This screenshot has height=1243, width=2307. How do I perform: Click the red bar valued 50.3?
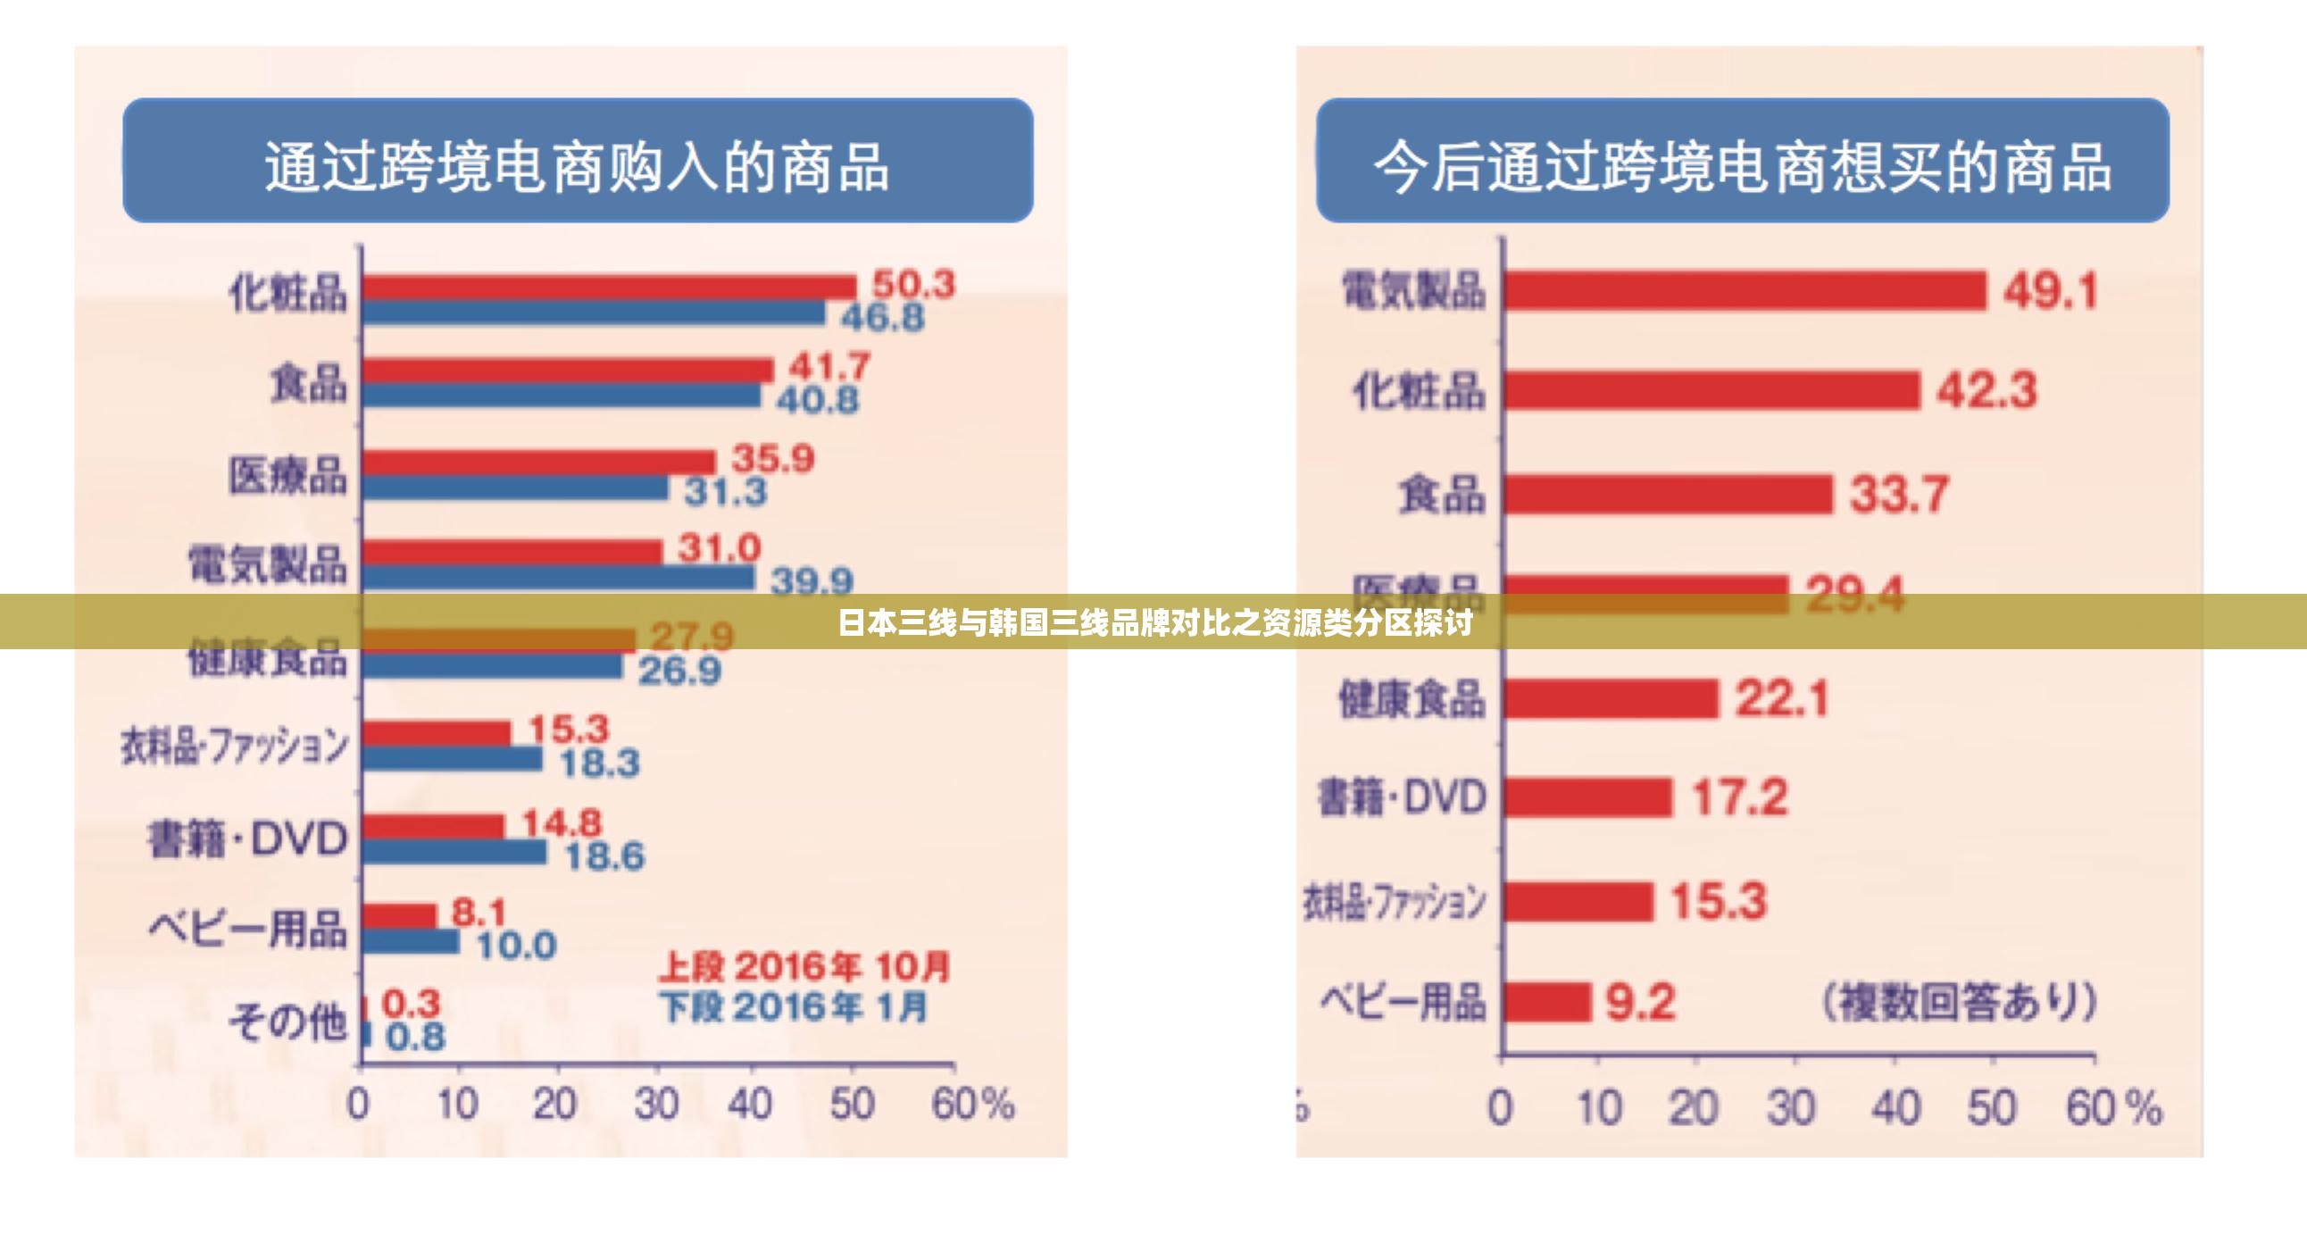(x=609, y=287)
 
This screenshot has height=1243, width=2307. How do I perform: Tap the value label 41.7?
(x=829, y=366)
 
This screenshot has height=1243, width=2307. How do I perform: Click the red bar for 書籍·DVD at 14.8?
(x=434, y=826)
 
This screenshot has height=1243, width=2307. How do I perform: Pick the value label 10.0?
(x=516, y=946)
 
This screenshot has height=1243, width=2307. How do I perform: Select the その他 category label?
(x=287, y=1021)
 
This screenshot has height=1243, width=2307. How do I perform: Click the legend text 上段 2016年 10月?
(x=804, y=967)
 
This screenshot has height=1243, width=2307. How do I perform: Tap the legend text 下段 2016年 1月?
(x=794, y=1007)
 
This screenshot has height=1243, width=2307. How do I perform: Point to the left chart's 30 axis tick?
(x=656, y=1105)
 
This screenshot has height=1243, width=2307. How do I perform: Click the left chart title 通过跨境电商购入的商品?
(x=578, y=167)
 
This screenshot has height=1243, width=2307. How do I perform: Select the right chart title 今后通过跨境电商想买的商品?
(x=1742, y=167)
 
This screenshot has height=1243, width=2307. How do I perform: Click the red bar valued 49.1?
(x=1745, y=291)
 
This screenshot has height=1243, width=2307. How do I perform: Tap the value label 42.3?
(x=1986, y=390)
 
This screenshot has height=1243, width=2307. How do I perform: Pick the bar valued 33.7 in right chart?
(x=1668, y=495)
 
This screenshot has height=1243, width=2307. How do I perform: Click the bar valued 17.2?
(x=1587, y=797)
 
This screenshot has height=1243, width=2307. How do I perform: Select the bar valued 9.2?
(x=1546, y=1002)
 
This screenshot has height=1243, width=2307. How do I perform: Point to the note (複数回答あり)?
(x=1960, y=1001)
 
